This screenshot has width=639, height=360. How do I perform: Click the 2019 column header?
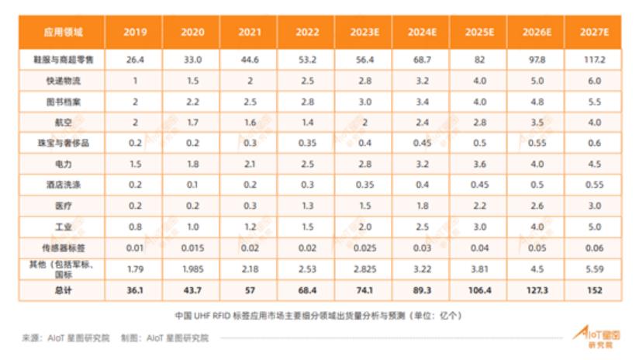click(x=134, y=33)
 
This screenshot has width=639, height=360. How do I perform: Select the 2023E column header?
click(x=363, y=33)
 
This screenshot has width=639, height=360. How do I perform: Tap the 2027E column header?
click(x=594, y=33)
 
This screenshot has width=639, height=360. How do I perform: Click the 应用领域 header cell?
click(x=64, y=33)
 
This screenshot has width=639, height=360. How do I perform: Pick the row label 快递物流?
click(x=64, y=80)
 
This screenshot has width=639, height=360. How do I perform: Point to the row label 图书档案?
click(x=64, y=101)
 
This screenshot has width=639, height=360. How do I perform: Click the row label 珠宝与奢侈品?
click(x=64, y=144)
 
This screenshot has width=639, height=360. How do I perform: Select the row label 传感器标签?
click(x=64, y=248)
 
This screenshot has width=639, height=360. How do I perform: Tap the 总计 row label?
click(x=64, y=290)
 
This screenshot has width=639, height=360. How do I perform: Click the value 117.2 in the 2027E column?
click(x=594, y=59)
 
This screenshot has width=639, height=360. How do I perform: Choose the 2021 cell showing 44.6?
click(x=249, y=59)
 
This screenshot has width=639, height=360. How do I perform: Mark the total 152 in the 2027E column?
click(x=594, y=290)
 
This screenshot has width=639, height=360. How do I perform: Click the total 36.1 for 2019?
click(x=134, y=290)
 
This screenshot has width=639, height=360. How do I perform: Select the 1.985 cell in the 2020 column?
click(x=192, y=269)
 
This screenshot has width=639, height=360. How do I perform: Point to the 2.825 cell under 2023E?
click(x=363, y=269)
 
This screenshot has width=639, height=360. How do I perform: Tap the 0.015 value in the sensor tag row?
click(x=192, y=248)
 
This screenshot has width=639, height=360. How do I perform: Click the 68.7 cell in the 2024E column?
click(x=422, y=59)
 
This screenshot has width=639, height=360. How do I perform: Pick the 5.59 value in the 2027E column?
click(x=594, y=269)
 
